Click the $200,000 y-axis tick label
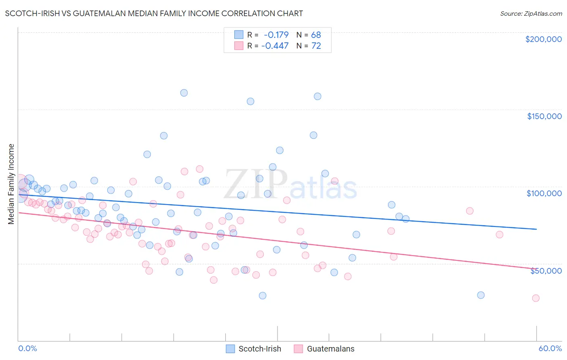(x=543, y=39)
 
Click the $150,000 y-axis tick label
(x=544, y=116)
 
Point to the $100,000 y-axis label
(x=544, y=193)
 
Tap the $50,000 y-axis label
(x=546, y=270)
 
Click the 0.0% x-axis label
(x=27, y=348)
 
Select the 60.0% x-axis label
(x=550, y=348)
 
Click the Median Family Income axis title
(x=11, y=184)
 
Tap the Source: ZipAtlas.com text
(x=531, y=13)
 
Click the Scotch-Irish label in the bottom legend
(x=260, y=349)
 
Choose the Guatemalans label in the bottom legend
(x=331, y=349)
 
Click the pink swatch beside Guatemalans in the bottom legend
(x=298, y=349)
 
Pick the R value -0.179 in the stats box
(x=276, y=35)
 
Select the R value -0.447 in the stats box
(x=275, y=46)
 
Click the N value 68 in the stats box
(x=316, y=35)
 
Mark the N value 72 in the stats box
(x=316, y=46)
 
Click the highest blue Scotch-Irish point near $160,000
(x=184, y=93)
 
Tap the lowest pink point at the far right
(x=536, y=298)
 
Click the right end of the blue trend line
(x=536, y=229)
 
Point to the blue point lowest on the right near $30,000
(x=481, y=295)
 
